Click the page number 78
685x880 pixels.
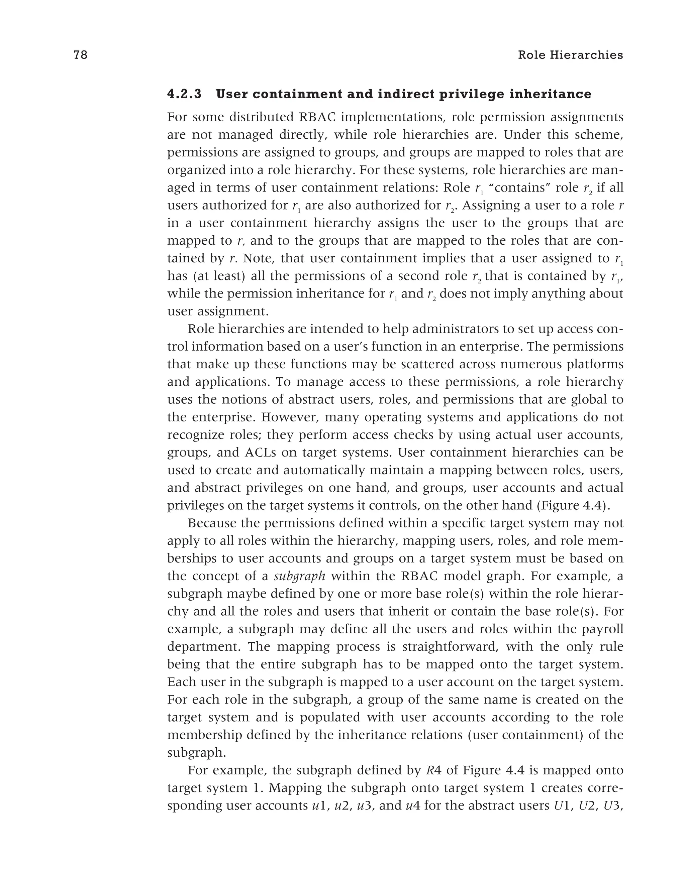(x=80, y=55)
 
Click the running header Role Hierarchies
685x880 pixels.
(x=570, y=55)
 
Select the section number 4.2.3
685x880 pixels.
(x=184, y=94)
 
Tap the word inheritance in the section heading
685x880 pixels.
(x=550, y=94)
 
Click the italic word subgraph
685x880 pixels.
(x=300, y=576)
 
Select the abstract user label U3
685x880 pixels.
(x=613, y=805)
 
